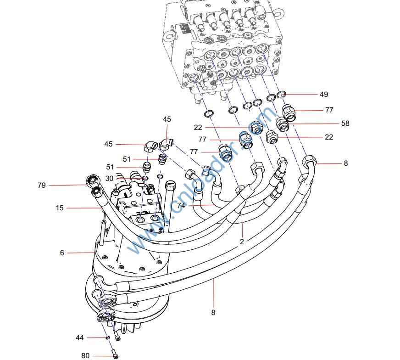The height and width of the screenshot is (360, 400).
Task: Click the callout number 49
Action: click(324, 95)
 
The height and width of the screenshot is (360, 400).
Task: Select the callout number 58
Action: click(345, 124)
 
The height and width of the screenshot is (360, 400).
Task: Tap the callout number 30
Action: click(109, 179)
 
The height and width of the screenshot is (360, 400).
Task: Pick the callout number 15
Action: click(60, 208)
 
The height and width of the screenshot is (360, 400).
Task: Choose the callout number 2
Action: click(242, 242)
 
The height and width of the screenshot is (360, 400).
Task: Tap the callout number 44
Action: click(80, 338)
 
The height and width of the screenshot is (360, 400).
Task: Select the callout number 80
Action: click(85, 355)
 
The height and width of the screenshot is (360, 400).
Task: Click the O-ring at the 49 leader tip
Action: click(282, 95)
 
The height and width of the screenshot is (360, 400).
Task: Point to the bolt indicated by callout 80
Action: click(114, 354)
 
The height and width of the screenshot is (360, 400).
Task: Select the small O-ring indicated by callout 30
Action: click(145, 178)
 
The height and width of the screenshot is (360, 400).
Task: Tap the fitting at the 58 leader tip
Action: click(283, 124)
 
